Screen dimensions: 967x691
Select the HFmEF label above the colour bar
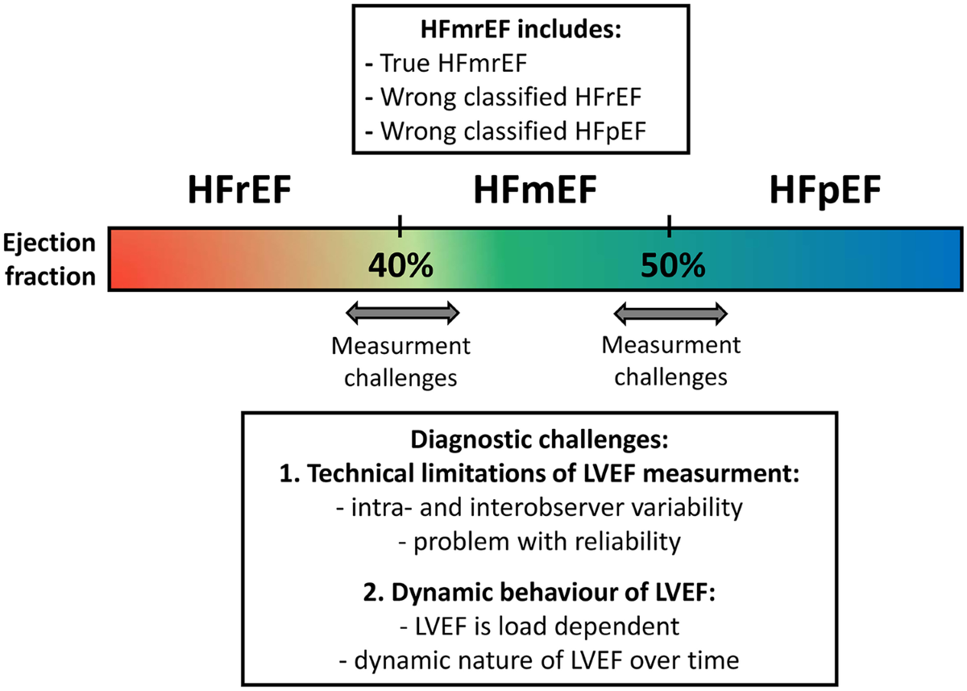[x=535, y=193]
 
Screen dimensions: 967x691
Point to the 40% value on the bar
[x=400, y=264]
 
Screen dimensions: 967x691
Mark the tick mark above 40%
[x=400, y=226]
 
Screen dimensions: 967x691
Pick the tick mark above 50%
[x=669, y=226]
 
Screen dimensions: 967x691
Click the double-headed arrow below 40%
[x=401, y=311]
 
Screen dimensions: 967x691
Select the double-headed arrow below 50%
[x=671, y=311]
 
